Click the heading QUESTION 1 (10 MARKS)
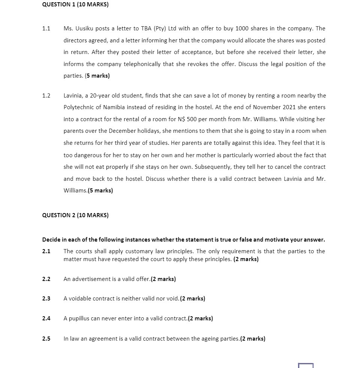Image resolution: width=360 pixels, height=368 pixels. coord(75,5)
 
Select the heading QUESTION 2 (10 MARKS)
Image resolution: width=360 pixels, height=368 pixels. coord(75,215)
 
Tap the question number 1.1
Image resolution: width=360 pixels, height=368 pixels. coord(46,29)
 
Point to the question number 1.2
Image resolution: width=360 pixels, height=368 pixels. coord(46,96)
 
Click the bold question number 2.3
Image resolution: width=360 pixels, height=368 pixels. coord(46,299)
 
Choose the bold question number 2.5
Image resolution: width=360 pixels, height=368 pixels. coord(46,339)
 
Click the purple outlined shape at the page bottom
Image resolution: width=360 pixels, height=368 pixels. coord(306,365)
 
